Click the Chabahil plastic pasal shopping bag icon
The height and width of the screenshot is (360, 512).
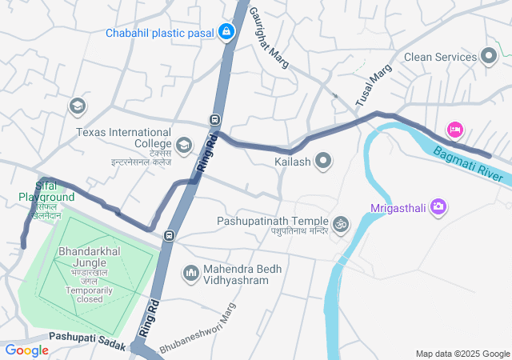point(226,33)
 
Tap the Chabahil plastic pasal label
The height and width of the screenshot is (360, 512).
point(162,33)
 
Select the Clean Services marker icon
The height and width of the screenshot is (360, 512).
point(489,57)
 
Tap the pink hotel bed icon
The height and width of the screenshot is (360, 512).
point(454,129)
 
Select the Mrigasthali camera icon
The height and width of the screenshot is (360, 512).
point(438,207)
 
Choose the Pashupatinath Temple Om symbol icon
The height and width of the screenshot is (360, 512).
point(342,223)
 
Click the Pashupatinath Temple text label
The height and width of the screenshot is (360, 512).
point(273,222)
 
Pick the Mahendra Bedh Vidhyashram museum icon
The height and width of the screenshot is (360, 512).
point(190,274)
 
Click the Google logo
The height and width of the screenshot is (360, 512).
point(27,350)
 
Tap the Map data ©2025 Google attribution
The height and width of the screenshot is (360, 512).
point(462,354)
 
